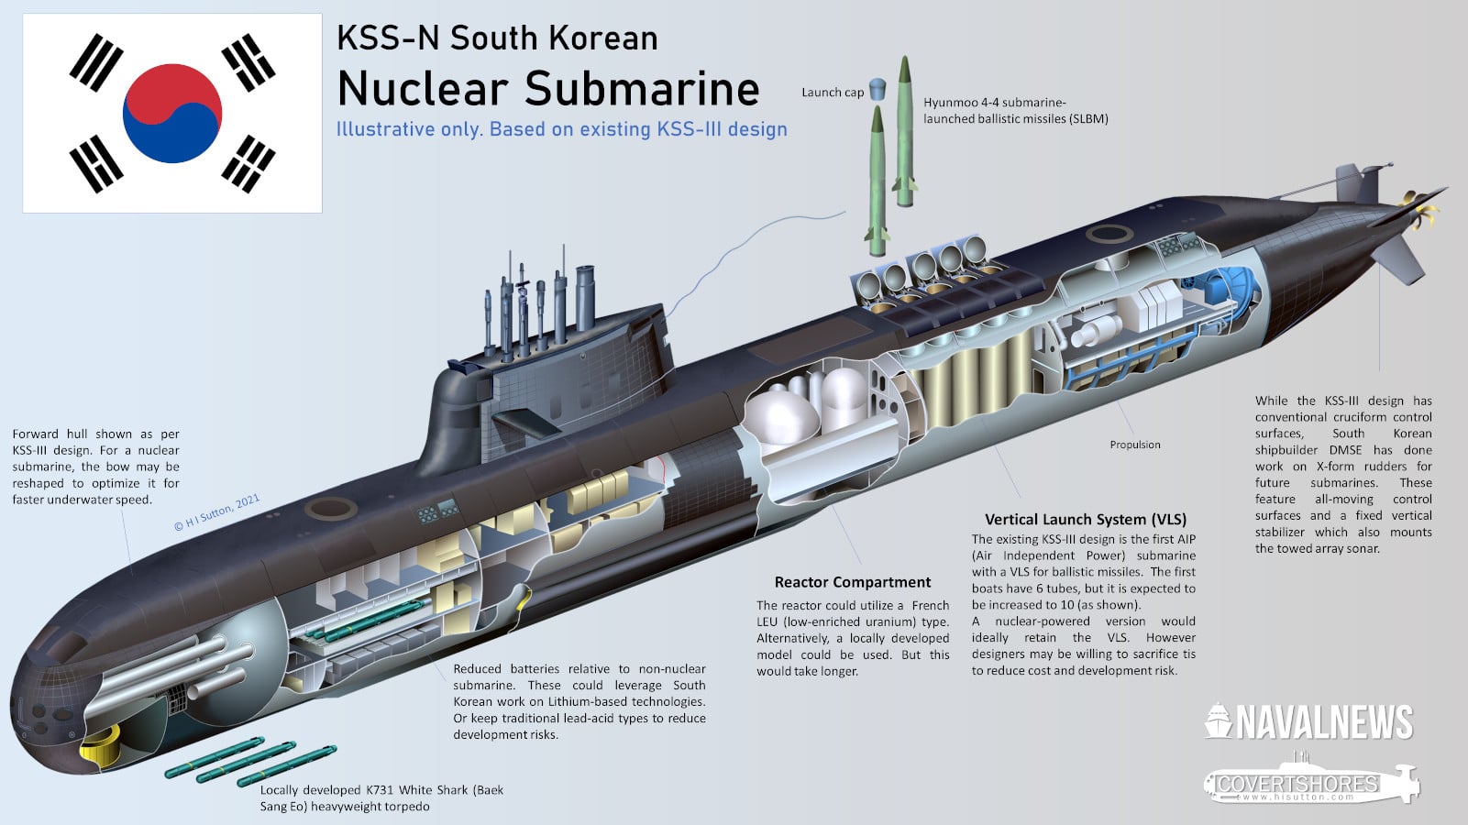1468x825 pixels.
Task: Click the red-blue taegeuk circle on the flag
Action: tap(172, 113)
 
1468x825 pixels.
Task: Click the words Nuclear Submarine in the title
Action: tap(547, 89)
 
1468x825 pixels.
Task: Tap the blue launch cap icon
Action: tap(877, 89)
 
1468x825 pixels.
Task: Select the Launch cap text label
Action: tap(832, 93)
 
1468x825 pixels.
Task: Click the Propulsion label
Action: tap(1134, 445)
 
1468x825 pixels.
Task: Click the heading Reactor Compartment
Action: tap(852, 582)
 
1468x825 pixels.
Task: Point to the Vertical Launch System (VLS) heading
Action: tap(1085, 519)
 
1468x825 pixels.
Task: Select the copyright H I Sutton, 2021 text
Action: tap(217, 512)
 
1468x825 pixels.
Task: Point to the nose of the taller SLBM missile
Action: tap(906, 62)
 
